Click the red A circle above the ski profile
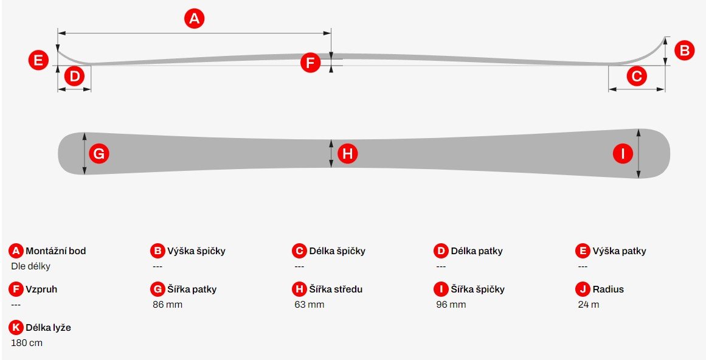[x=194, y=18]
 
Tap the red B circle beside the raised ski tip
[x=684, y=50]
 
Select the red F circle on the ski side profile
[x=310, y=63]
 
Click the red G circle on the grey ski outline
[x=99, y=154]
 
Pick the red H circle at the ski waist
[x=348, y=154]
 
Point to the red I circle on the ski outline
[x=623, y=154]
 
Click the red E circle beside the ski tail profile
[x=38, y=60]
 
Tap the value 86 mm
[x=167, y=305]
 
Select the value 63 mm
[x=310, y=305]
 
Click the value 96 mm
[x=451, y=305]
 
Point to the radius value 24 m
[x=589, y=305]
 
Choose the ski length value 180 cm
[x=27, y=343]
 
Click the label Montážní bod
[x=56, y=251]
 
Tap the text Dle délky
[x=30, y=266]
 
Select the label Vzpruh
[x=41, y=289]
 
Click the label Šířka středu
[x=336, y=289]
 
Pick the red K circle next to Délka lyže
[x=16, y=328]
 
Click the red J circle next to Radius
[x=583, y=289]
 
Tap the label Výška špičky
[x=196, y=251]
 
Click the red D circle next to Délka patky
[x=441, y=251]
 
